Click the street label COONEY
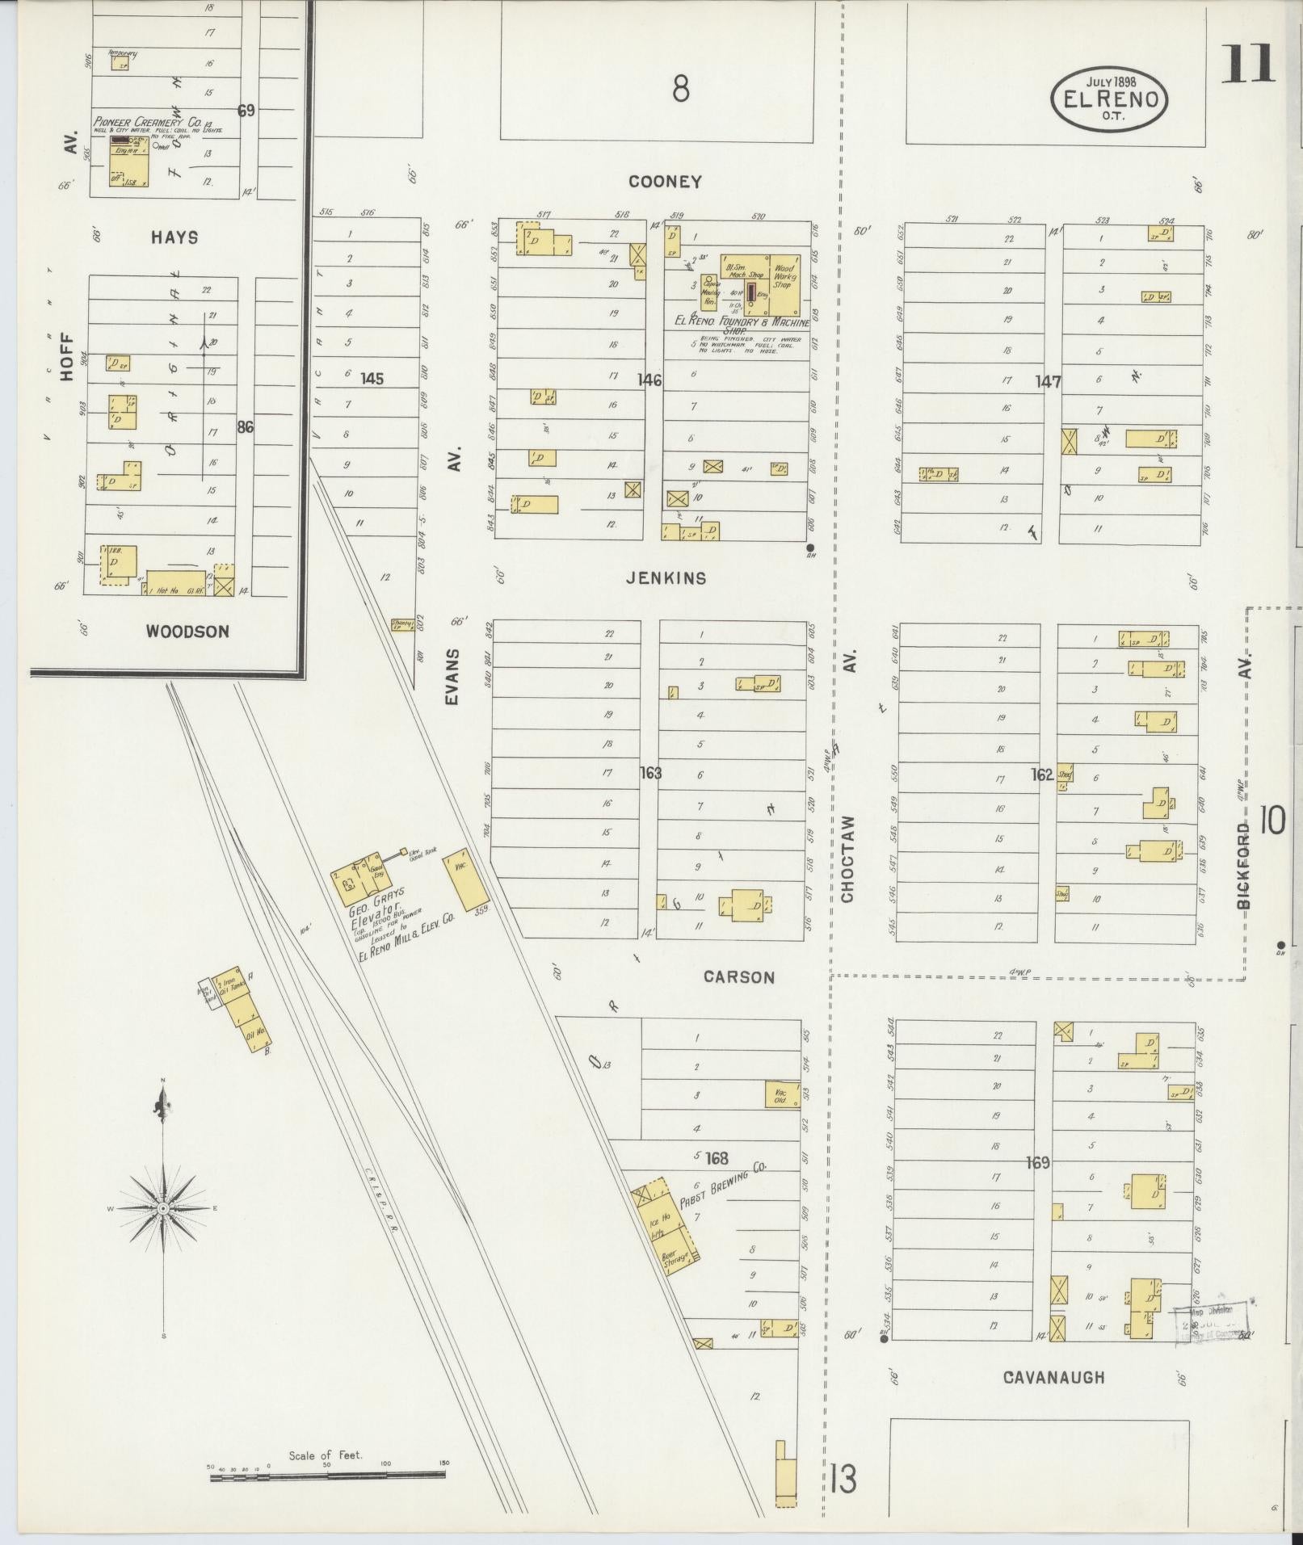[665, 183]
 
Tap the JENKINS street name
[666, 578]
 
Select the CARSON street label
[738, 977]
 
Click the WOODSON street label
[187, 632]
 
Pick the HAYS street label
[174, 237]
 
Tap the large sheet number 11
[1246, 64]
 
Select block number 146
[649, 380]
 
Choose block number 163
[649, 773]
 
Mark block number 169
[1036, 1163]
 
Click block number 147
[1048, 382]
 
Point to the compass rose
[163, 1208]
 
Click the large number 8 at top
[681, 89]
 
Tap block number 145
[372, 378]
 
